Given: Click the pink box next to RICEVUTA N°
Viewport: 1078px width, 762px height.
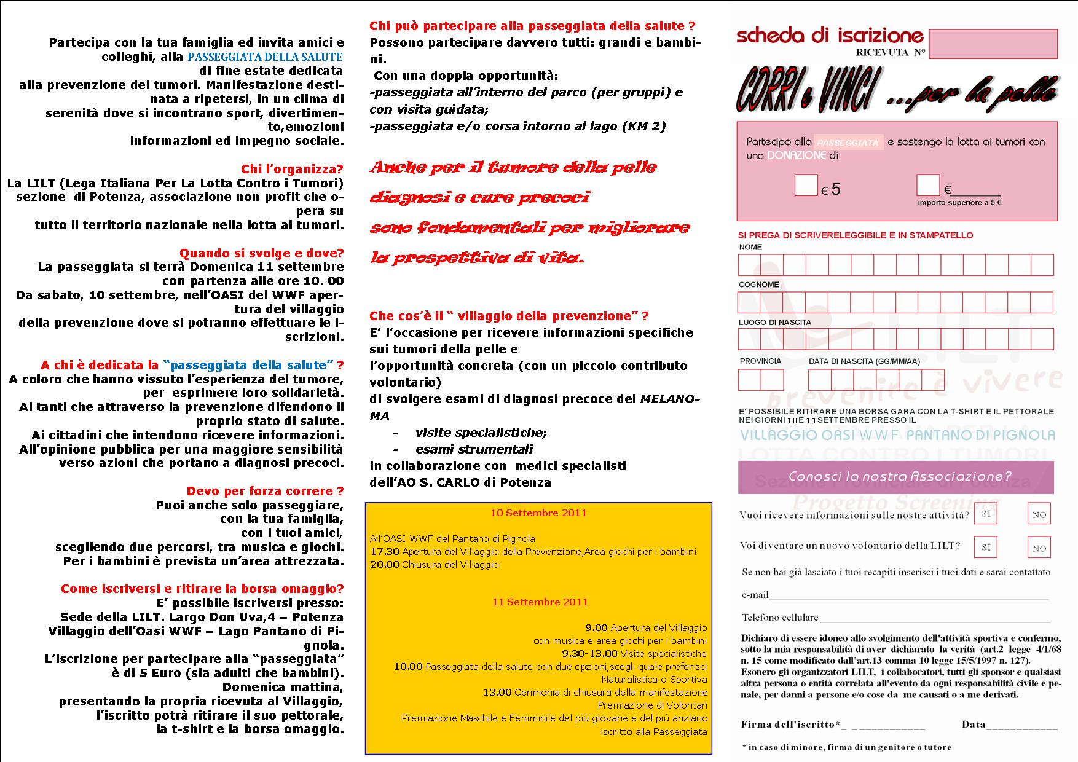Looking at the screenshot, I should coord(993,44).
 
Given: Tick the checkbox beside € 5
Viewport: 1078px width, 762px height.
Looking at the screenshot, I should coord(806,185).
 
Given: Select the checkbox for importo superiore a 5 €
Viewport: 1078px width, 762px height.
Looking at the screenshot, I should coord(927,185).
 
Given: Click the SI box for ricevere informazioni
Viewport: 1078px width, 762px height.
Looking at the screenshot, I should coord(986,513).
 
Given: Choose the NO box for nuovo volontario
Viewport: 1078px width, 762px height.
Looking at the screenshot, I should coord(1039,548).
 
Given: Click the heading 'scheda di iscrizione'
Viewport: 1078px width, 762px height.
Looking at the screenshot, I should coord(830,36).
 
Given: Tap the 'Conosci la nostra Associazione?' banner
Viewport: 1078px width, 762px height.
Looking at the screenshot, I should coord(899,476).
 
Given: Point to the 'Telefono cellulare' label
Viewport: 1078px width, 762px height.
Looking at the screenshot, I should coord(779,617).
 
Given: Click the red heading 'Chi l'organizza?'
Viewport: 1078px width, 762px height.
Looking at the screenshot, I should coord(292,169).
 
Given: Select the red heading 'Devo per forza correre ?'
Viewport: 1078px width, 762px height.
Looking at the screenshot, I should coord(265,491).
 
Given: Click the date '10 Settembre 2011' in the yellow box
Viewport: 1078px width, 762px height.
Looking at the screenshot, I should coord(538,513).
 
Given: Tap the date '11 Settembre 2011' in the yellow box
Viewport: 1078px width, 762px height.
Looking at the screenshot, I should coord(540,602).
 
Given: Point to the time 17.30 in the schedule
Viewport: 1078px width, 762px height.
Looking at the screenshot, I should coord(384,551).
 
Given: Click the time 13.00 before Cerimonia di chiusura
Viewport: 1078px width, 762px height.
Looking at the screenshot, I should coord(497,692).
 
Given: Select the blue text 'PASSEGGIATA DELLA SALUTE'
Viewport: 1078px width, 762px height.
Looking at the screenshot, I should coord(265,57).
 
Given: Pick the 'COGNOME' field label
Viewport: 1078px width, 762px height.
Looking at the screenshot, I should coord(758,285).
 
